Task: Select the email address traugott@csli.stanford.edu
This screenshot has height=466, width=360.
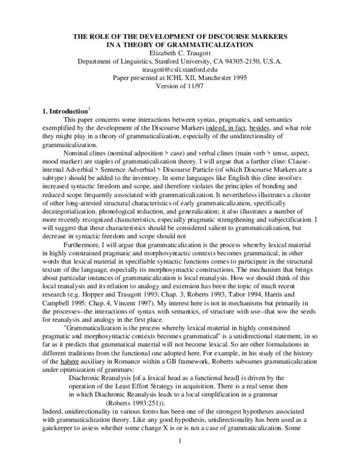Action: coord(180,70)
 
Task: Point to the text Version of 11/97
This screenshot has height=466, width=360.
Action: coord(180,86)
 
